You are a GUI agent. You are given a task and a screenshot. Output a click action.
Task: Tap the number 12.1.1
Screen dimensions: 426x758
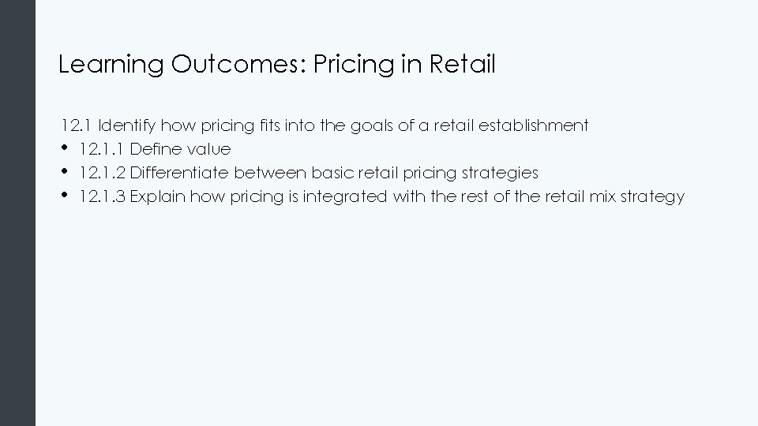click(x=102, y=149)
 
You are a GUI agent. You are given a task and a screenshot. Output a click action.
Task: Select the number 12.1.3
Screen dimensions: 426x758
click(x=102, y=196)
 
